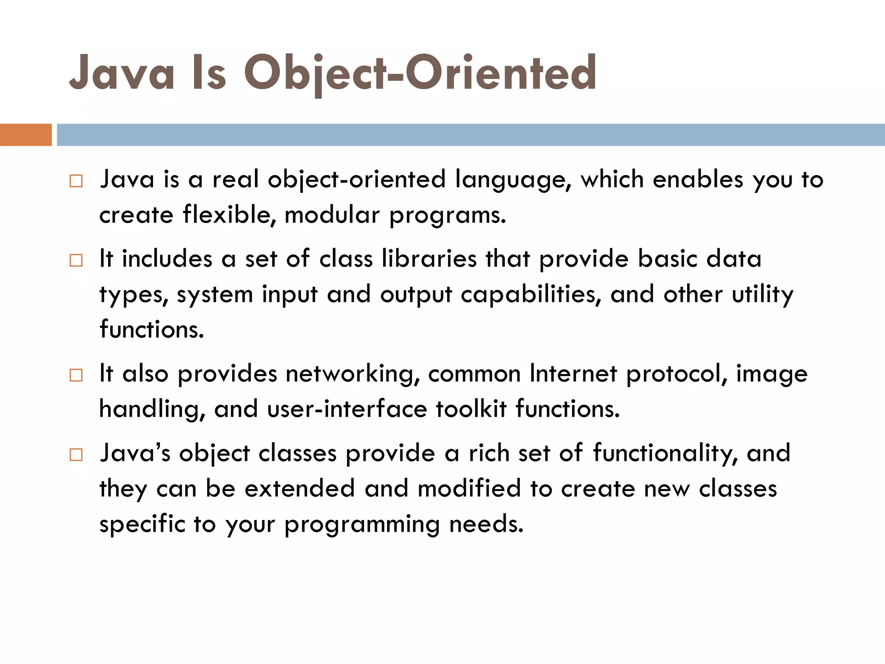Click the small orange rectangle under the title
(25, 135)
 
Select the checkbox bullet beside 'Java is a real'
(76, 181)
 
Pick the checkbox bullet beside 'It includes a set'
(76, 260)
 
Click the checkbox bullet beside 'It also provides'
(76, 375)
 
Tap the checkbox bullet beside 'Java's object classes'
(76, 454)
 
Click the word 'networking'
(352, 374)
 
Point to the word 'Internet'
(573, 374)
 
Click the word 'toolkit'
(471, 409)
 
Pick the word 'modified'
(469, 488)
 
